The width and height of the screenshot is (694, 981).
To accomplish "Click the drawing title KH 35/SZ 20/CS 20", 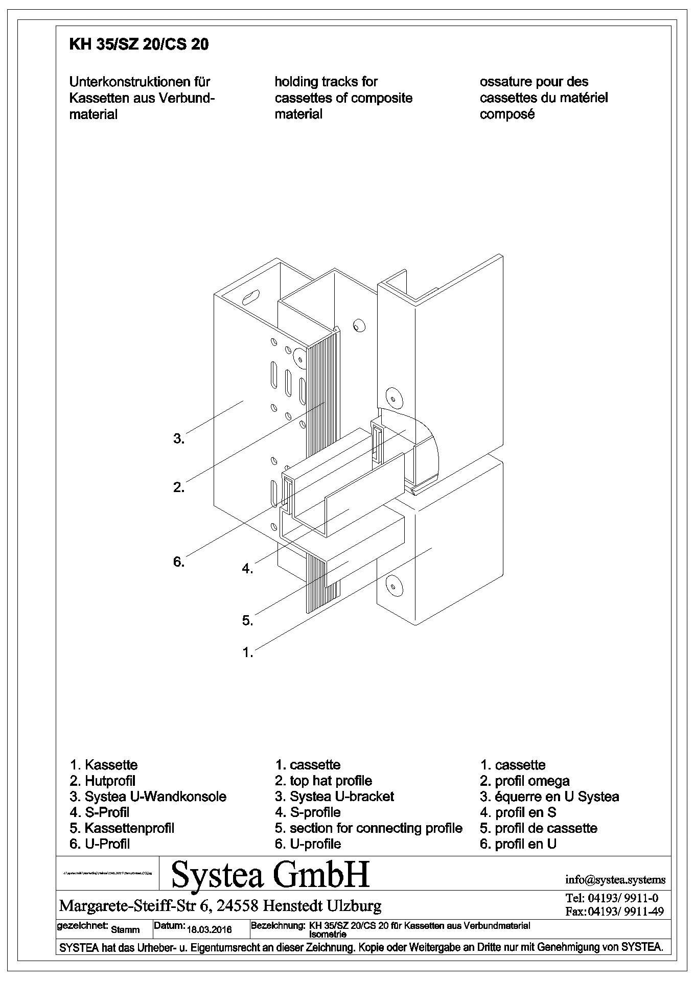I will [x=138, y=45].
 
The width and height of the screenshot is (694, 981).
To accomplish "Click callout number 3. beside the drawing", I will [x=178, y=438].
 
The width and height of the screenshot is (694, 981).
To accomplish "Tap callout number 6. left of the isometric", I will [x=178, y=562].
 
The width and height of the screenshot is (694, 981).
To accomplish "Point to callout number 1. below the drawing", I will [x=247, y=652].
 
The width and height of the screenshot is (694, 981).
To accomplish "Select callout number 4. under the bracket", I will [x=247, y=568].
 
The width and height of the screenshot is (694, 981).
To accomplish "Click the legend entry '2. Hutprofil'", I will [x=103, y=781].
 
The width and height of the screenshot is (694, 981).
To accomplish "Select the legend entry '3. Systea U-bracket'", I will [x=334, y=797].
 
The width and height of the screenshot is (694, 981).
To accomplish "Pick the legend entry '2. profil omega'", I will [x=525, y=781].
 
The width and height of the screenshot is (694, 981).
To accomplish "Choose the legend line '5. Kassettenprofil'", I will [x=122, y=828].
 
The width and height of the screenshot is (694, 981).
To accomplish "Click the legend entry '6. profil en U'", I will [x=518, y=844].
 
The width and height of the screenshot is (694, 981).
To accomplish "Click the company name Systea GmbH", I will [x=270, y=874].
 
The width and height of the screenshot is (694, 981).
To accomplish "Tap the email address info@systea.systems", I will [x=615, y=880].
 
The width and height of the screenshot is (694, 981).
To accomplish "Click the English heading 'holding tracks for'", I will [x=326, y=82].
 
